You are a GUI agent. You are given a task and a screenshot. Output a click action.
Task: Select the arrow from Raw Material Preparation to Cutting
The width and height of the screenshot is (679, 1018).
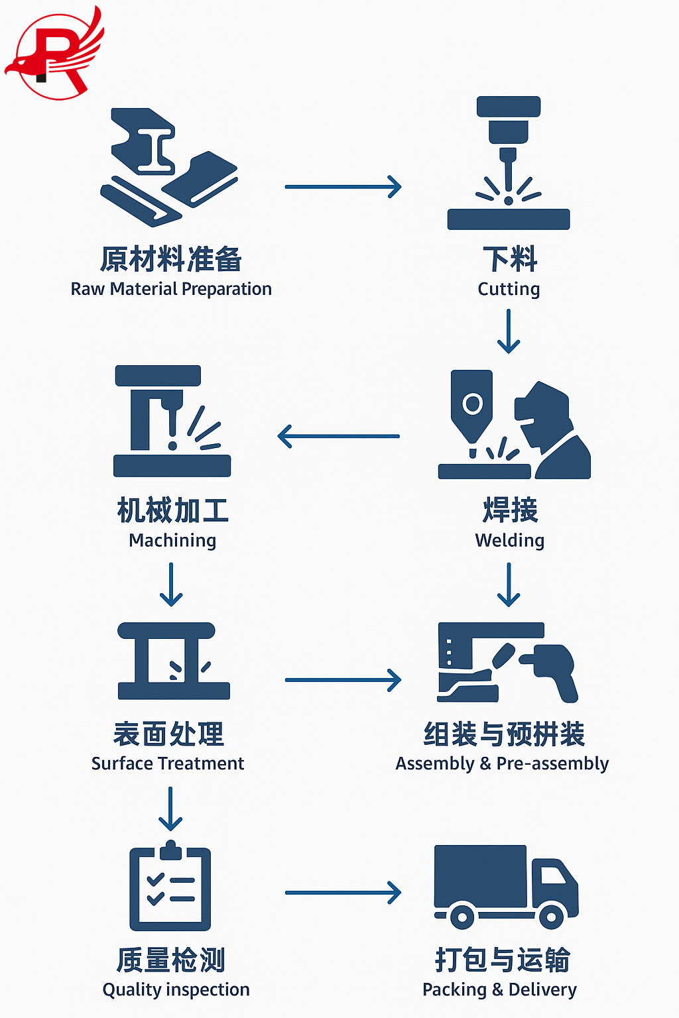click(343, 187)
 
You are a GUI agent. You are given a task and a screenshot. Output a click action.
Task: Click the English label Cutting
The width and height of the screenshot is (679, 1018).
click(509, 289)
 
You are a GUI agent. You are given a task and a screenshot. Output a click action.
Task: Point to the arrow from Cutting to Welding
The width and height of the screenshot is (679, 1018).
click(509, 331)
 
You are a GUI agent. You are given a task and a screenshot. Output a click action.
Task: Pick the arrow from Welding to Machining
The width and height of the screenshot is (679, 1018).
click(339, 436)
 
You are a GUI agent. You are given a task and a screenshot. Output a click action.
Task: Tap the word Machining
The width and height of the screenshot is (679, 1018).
click(172, 541)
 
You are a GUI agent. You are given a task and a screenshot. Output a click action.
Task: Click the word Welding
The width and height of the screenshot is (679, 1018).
click(509, 541)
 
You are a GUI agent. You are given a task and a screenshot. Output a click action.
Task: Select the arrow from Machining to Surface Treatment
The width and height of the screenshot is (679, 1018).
click(171, 584)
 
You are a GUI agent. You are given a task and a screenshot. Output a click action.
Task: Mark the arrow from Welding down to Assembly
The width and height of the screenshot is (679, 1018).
click(509, 584)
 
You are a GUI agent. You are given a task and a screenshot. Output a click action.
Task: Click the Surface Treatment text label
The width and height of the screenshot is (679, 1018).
click(168, 763)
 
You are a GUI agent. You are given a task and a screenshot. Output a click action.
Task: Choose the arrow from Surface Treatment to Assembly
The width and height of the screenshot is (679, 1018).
click(343, 680)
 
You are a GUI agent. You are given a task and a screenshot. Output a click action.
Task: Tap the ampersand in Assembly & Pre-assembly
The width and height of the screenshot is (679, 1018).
click(485, 763)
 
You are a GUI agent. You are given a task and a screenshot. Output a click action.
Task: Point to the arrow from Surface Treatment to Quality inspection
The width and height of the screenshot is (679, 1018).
click(170, 809)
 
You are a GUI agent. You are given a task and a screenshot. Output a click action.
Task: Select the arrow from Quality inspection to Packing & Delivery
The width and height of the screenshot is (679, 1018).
click(343, 893)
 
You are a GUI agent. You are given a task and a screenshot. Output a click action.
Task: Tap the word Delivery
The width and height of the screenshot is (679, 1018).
click(542, 990)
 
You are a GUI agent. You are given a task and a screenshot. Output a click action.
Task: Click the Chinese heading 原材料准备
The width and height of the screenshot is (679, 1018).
click(171, 259)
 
